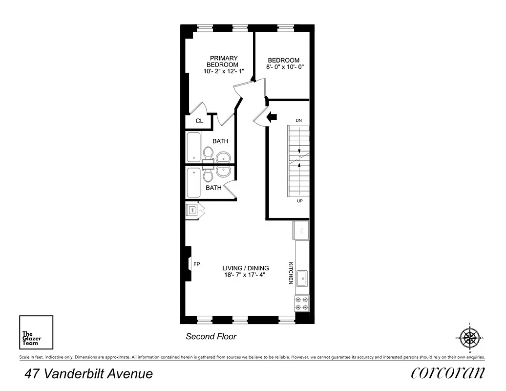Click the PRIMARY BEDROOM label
click(222, 61)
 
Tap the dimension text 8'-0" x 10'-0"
click(285, 67)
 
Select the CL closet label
click(199, 121)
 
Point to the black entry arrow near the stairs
click(271, 116)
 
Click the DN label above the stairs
click(299, 120)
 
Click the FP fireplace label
click(197, 264)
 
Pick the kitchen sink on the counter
click(302, 278)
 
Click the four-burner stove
click(302, 304)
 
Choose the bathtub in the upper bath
click(194, 147)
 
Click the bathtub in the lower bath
click(194, 182)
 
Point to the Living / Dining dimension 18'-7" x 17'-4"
click(245, 275)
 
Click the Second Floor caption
click(211, 336)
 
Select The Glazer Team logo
click(36, 332)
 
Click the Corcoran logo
click(448, 373)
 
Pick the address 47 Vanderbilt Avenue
click(89, 374)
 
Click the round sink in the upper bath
click(223, 157)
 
